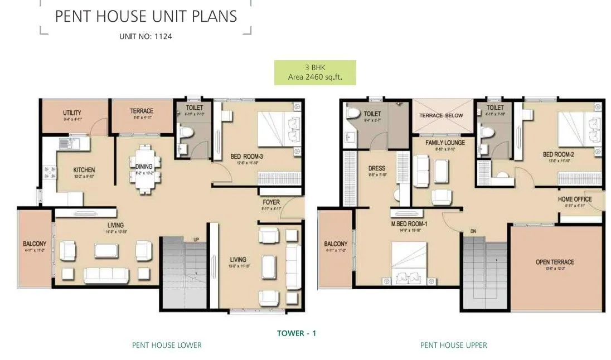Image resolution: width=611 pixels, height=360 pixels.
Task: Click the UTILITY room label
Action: click(72, 113)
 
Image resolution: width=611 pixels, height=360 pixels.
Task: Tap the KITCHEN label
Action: click(84, 170)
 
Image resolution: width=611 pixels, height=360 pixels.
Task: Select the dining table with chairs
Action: click(144, 169)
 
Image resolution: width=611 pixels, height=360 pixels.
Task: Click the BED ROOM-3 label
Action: click(246, 157)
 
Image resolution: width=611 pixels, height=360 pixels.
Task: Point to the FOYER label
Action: click(271, 202)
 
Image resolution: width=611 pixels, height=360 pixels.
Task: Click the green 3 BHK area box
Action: click(314, 72)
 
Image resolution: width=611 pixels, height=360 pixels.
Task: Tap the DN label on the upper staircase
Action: click(457, 230)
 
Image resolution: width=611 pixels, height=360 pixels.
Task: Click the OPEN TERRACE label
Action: click(554, 262)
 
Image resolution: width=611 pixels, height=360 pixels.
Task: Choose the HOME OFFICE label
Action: click(574, 199)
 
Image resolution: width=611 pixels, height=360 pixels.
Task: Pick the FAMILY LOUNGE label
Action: click(445, 143)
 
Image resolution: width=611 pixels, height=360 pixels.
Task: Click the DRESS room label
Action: click(377, 168)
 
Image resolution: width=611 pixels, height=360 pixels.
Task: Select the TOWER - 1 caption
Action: click(297, 333)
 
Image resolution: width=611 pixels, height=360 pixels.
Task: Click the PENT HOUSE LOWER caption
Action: click(167, 345)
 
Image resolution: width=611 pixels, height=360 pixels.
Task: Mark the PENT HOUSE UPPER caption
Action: click(453, 345)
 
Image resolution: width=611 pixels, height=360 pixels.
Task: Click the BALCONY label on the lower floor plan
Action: click(35, 244)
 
